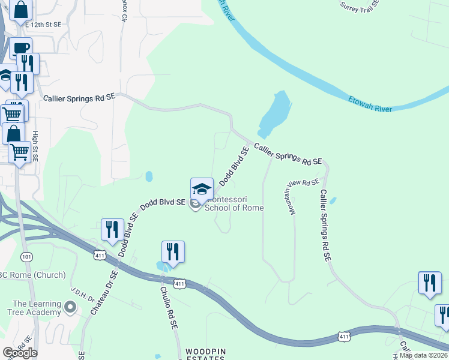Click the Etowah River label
(370, 103)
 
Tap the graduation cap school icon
(202, 188)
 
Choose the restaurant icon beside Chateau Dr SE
(112, 229)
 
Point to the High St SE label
(35, 146)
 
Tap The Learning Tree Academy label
(37, 308)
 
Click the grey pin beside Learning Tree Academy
(70, 308)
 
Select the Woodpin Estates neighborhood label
(205, 353)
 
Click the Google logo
(20, 352)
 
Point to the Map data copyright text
(424, 355)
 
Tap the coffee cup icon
(20, 48)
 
